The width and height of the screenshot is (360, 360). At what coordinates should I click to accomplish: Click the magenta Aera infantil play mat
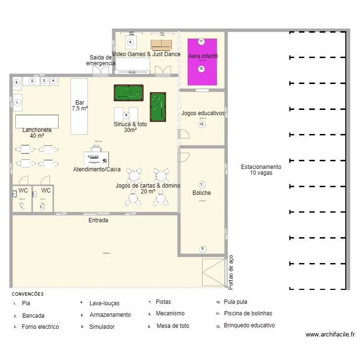coord(202,61)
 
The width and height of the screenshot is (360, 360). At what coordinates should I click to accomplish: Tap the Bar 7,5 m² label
coord(80,106)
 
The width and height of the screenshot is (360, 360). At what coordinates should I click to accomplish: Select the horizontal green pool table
coord(129,93)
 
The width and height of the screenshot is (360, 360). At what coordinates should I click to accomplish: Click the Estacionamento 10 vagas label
coord(261,170)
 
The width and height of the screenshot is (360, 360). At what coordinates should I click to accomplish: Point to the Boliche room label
coord(202,193)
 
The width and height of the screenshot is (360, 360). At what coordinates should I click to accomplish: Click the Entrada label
coord(98,220)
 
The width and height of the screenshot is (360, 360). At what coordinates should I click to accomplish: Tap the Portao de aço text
coord(231,272)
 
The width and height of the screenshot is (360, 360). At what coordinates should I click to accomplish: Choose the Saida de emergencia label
coord(101,60)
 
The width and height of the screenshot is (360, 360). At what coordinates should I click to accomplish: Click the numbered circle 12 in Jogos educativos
coord(202,124)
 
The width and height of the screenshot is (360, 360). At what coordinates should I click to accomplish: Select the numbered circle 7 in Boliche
coord(202,184)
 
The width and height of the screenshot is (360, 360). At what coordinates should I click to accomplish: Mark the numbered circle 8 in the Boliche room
coord(203,249)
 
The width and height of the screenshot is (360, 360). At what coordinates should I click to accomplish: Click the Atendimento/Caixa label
coord(97,169)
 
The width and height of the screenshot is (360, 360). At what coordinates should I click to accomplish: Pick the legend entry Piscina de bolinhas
coord(248,313)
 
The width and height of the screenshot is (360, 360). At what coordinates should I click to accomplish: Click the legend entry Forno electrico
coord(40,327)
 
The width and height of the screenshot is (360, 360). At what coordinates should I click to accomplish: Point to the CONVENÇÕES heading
coord(27,294)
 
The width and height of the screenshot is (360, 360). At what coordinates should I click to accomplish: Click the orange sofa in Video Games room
coord(161,45)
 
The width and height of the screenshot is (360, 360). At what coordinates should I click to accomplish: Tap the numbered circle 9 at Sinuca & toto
coord(126,115)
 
